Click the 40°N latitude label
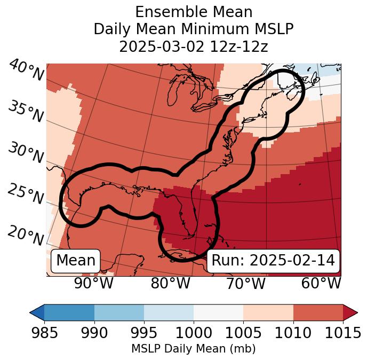26,71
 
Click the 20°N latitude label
26,236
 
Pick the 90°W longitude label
93,283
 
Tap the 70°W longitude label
245,283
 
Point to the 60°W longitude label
321,283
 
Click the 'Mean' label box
76,261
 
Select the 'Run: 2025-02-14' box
273,261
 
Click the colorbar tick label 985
44,333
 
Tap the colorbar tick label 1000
194,333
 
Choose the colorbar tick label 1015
341,333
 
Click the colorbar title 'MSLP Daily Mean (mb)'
193,349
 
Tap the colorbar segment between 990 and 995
119,312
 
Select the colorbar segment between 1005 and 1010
268,312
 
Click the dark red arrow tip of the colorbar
351,312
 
